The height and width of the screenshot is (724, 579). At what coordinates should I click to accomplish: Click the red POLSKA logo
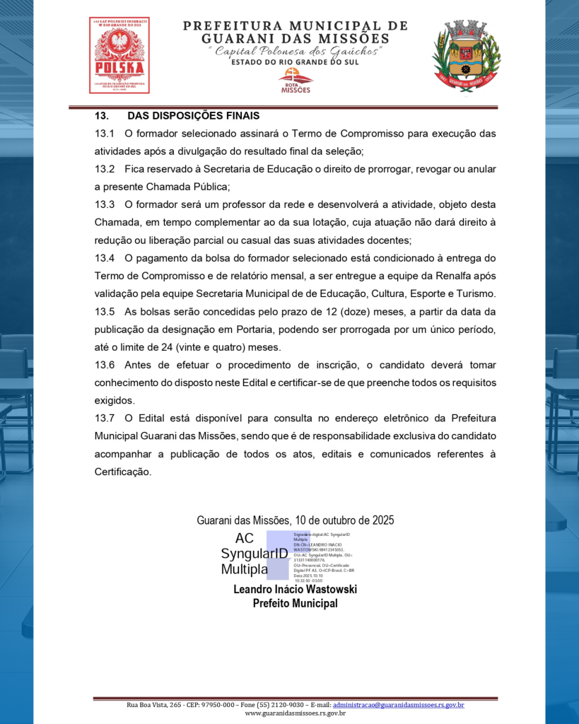(x=119, y=55)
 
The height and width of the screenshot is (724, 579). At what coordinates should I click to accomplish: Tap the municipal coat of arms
(x=466, y=56)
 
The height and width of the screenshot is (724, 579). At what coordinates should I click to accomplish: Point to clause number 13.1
(x=105, y=134)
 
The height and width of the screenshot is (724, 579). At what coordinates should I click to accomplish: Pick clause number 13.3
(x=105, y=205)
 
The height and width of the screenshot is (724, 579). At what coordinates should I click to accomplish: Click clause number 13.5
(x=105, y=312)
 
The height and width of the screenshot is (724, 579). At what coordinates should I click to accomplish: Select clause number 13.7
(x=105, y=419)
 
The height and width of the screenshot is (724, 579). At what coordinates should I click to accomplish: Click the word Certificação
(x=122, y=472)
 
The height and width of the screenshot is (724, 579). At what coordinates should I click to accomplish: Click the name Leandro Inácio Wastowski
(x=295, y=589)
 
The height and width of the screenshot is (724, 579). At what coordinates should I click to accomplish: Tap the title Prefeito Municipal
(x=295, y=603)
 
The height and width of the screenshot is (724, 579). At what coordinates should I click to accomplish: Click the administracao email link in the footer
(x=398, y=705)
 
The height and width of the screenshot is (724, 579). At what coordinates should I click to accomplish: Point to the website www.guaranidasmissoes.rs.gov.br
(x=295, y=713)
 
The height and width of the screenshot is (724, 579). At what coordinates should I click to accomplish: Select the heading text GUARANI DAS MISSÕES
(x=295, y=38)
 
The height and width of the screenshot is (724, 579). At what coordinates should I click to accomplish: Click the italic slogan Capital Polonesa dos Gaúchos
(x=295, y=52)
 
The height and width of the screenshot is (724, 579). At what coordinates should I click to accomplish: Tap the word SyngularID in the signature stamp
(x=254, y=554)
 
